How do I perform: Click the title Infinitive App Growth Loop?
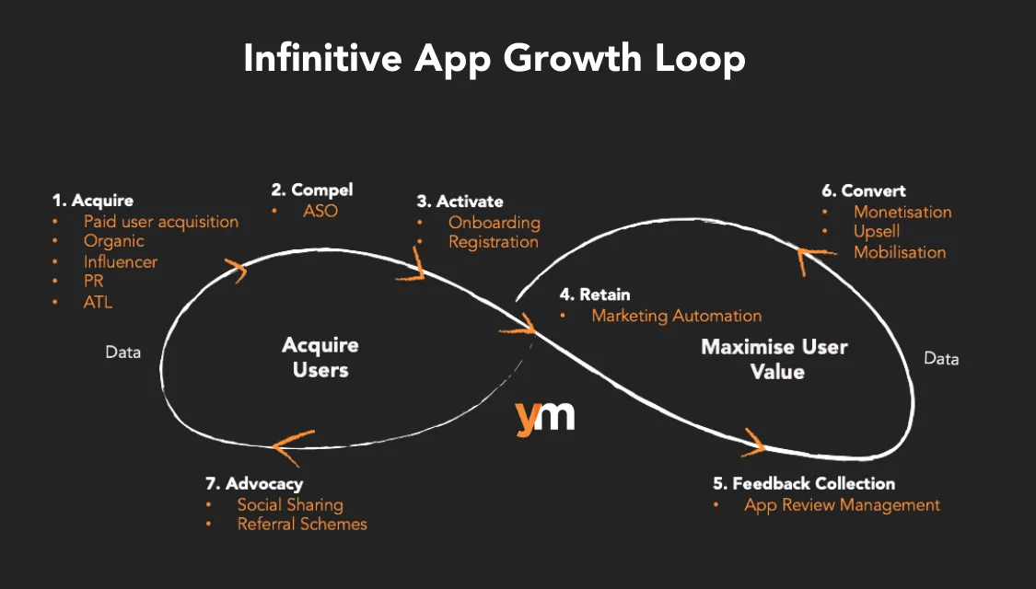(x=495, y=59)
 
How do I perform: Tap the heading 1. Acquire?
(x=93, y=201)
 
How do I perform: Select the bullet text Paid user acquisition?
(x=161, y=222)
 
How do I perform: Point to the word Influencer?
(x=121, y=261)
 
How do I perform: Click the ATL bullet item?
(x=98, y=301)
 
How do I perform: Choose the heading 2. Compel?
(x=312, y=191)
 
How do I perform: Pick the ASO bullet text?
(x=320, y=211)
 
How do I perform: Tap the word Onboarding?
(x=495, y=223)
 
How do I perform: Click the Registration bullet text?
(x=494, y=242)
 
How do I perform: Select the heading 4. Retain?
(x=596, y=295)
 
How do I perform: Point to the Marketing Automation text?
(x=677, y=316)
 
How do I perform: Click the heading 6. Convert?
(x=864, y=191)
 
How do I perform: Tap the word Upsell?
(x=877, y=232)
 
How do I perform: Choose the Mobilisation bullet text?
(x=900, y=252)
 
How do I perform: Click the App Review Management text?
(x=843, y=504)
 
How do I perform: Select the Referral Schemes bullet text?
(x=302, y=524)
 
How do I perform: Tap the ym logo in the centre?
(x=545, y=416)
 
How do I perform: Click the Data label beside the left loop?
(x=122, y=352)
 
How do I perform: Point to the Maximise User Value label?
(x=774, y=359)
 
